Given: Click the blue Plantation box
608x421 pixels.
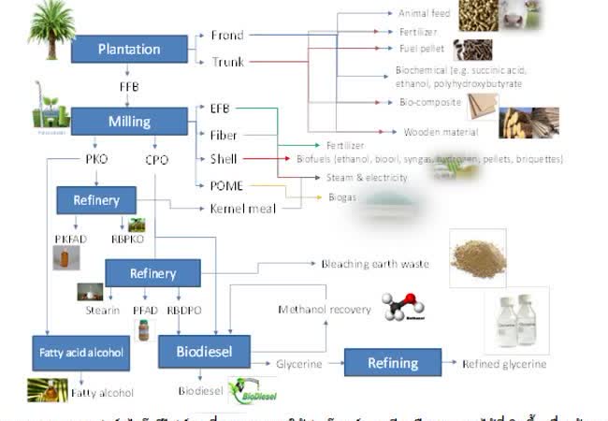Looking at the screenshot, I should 129,49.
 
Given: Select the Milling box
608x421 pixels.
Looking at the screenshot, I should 128,121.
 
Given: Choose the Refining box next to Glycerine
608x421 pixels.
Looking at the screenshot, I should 392,363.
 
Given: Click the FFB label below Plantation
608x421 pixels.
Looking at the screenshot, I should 129,86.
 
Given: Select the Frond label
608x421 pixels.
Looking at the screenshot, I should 226,36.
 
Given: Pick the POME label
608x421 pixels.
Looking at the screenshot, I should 226,185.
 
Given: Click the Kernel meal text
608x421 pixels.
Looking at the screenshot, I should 243,209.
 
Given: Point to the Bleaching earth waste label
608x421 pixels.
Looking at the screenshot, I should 375,264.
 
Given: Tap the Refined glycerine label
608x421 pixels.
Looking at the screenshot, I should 504,364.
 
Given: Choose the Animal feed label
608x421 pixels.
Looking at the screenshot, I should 424,14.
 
